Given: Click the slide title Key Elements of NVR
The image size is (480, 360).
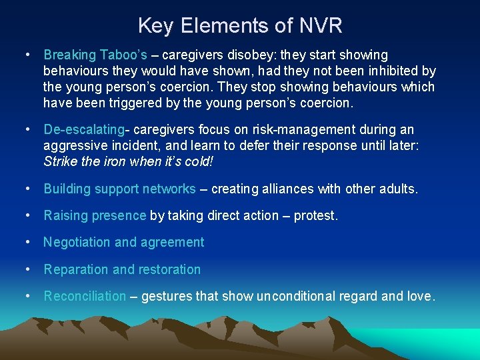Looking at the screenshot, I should pyautogui.click(x=240, y=25).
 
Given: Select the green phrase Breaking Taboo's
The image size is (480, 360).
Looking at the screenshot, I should pyautogui.click(x=95, y=55).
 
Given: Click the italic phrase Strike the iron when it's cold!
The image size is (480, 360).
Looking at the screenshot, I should pyautogui.click(x=131, y=161).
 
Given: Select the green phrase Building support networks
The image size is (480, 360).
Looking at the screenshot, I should pyautogui.click(x=119, y=189).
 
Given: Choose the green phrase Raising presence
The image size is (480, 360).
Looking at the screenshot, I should pyautogui.click(x=95, y=215).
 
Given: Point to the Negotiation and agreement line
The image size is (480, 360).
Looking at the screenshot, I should pyautogui.click(x=124, y=242).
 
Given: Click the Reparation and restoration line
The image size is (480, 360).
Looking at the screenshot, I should pyautogui.click(x=122, y=269).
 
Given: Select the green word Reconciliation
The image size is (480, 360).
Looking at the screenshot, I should pyautogui.click(x=85, y=296).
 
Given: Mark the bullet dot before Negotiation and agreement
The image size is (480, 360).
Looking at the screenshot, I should pyautogui.click(x=29, y=242).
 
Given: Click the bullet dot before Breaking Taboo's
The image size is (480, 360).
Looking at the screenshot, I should pyautogui.click(x=29, y=55).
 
